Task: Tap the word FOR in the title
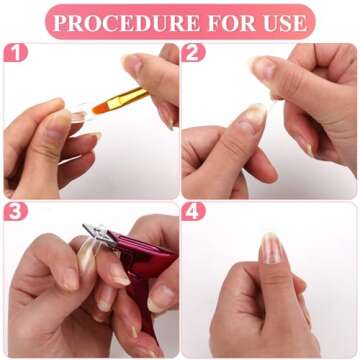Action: click(x=226, y=21)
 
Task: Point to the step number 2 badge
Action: click(x=194, y=53)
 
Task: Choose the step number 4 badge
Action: click(x=194, y=212)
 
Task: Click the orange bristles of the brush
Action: click(x=103, y=103)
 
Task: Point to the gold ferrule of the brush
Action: click(x=129, y=96)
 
